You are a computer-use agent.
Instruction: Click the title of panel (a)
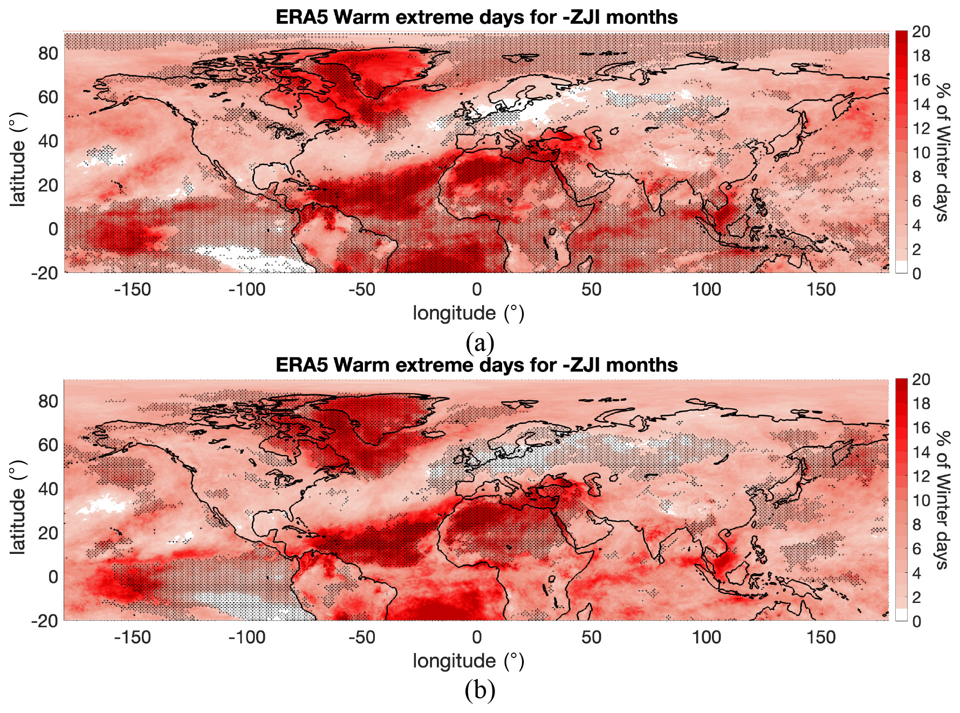[476, 17]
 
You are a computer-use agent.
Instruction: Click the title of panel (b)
[476, 365]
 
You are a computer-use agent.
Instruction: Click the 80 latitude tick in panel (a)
[48, 53]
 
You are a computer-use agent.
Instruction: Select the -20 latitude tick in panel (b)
[45, 621]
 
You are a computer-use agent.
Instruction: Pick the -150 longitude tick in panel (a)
[132, 290]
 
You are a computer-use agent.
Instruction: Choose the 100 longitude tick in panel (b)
[706, 637]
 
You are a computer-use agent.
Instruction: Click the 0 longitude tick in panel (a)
[477, 290]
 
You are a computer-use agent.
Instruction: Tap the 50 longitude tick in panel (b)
[591, 637]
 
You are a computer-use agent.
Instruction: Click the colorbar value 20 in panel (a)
[921, 32]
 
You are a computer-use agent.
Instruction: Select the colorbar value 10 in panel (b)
[921, 501]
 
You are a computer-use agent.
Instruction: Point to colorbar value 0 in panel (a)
[917, 273]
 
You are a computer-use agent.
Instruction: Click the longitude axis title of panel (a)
[468, 313]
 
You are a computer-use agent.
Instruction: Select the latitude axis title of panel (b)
[18, 507]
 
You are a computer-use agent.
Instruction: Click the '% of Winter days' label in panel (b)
[943, 500]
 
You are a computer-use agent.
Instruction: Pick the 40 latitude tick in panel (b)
[48, 489]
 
